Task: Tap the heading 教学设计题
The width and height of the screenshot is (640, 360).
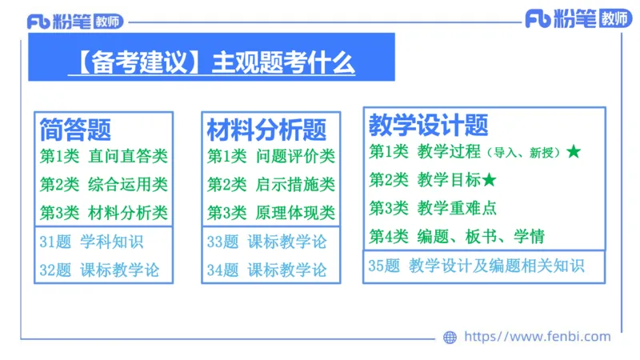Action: [x=428, y=125]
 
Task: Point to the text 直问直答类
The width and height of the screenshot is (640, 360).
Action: [x=128, y=157]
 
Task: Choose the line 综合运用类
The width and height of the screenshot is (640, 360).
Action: [x=128, y=185]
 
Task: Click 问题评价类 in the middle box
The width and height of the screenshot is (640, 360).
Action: [x=295, y=157]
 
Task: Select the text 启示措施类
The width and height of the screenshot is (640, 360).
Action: [x=295, y=185]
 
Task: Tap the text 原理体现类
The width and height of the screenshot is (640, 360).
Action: [x=295, y=213]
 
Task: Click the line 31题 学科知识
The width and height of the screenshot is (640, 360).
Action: [x=91, y=242]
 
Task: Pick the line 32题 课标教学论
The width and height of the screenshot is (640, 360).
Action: [x=99, y=270]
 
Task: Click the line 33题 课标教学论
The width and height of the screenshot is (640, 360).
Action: [x=266, y=242]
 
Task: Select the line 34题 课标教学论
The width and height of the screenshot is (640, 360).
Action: [x=266, y=270]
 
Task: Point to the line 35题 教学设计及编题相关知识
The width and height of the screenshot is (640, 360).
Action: [x=476, y=266]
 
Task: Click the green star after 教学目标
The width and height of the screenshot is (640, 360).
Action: [x=490, y=179]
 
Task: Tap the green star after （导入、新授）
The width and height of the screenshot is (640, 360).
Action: [x=573, y=151]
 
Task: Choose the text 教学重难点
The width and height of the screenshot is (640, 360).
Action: [x=457, y=208]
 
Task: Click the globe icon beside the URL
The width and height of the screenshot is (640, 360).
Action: [x=450, y=337]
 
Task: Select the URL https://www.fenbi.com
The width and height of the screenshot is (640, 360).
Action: [x=537, y=337]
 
